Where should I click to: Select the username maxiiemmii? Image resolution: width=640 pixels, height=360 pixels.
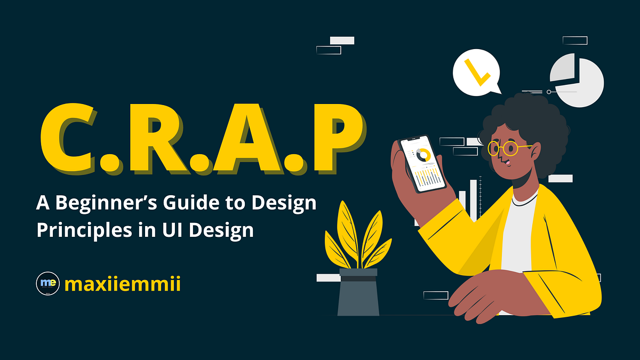click(122, 284)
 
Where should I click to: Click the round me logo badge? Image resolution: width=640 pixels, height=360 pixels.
click(47, 284)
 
